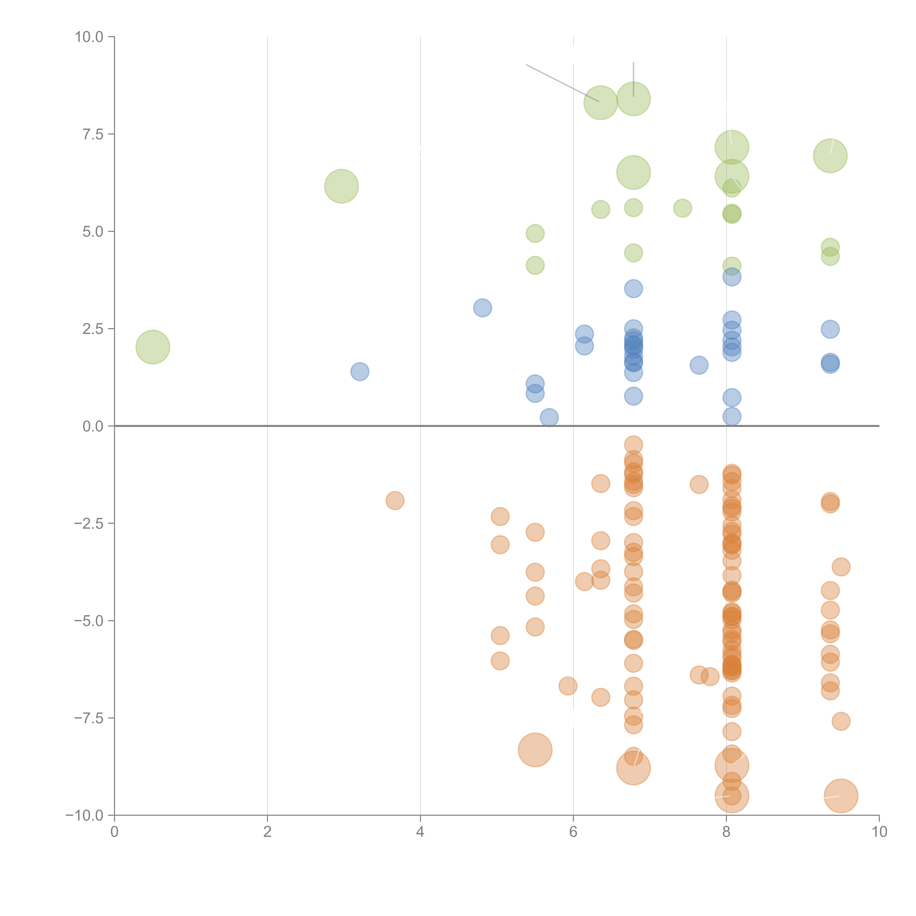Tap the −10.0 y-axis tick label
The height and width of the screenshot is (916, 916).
point(84,815)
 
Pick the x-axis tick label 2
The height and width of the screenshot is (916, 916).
point(267,832)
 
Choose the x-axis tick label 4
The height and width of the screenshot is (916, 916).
point(420,832)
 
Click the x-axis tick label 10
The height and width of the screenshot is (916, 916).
point(879,832)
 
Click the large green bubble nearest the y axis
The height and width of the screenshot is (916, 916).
point(153,347)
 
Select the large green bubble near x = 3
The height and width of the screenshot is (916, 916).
point(341,186)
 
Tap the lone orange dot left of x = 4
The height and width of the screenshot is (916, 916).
point(395,500)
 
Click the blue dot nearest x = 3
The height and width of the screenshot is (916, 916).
point(360,371)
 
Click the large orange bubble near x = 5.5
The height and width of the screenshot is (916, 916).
point(535,750)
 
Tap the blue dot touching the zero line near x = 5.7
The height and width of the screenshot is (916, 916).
point(549,417)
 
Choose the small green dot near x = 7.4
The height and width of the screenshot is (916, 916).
point(682,208)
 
